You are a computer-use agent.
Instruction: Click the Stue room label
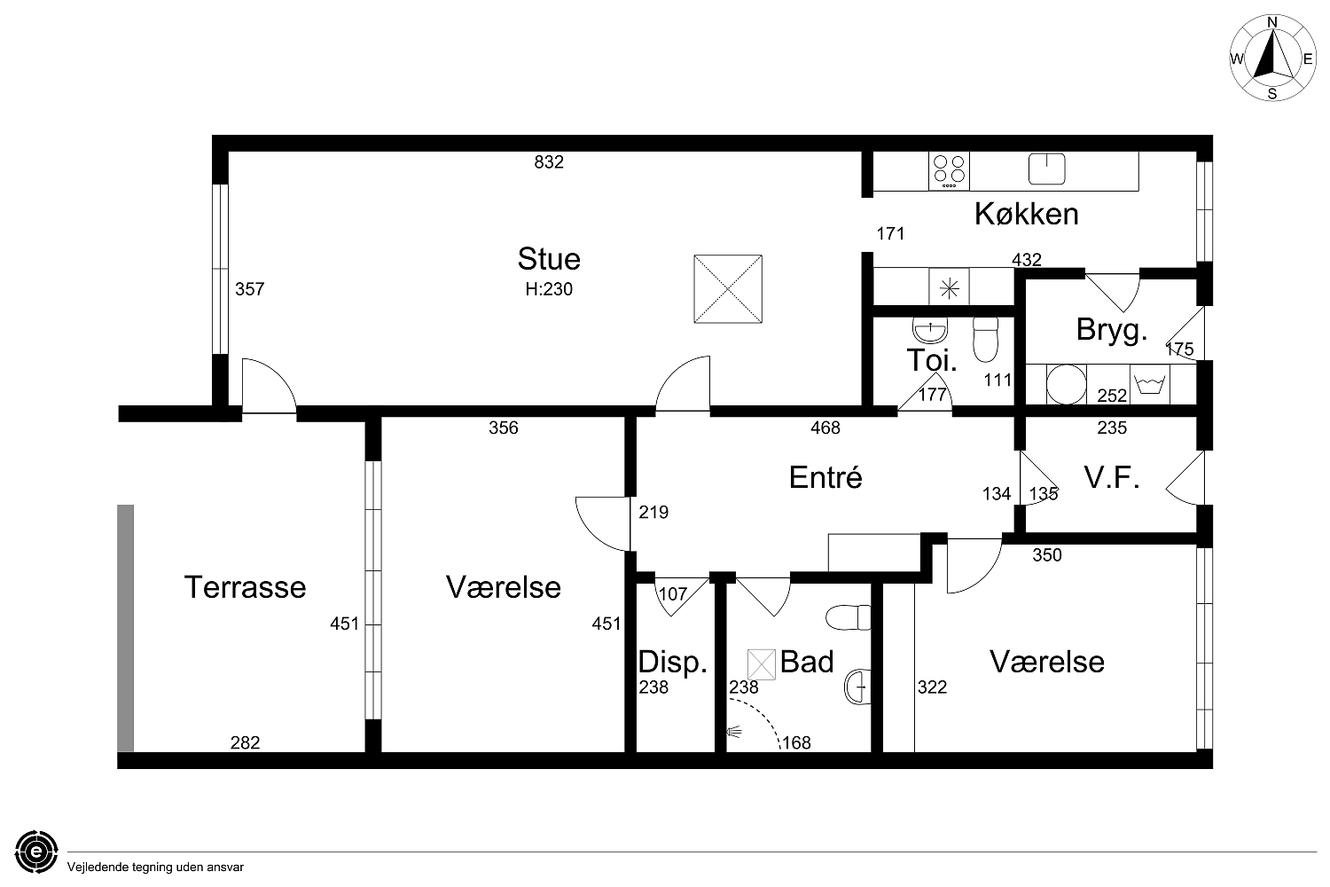tap(549, 259)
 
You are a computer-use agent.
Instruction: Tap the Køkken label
tap(1026, 214)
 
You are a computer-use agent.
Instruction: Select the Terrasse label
tap(245, 587)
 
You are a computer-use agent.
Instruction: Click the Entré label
tap(825, 476)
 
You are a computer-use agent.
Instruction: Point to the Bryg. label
tap(1112, 330)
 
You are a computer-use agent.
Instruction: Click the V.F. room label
tap(1112, 477)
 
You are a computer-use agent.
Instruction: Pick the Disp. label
tap(673, 663)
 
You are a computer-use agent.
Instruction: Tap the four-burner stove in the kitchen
tap(949, 171)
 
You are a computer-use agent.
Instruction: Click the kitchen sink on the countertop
tap(1047, 169)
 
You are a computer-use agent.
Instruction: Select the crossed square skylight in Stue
tap(728, 289)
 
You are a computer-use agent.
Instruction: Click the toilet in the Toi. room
tap(986, 339)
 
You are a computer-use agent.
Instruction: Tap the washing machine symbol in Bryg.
tap(1150, 384)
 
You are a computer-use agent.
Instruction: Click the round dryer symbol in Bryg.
tap(1067, 384)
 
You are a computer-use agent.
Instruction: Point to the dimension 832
tap(549, 162)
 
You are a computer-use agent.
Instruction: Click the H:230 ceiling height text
tap(549, 289)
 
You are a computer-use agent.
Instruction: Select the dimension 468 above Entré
tap(825, 428)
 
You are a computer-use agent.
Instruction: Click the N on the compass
tap(1272, 22)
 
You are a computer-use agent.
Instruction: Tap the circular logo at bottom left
tap(37, 852)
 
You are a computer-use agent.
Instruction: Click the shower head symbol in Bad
tap(734, 732)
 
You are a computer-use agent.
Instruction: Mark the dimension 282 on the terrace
tap(246, 742)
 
